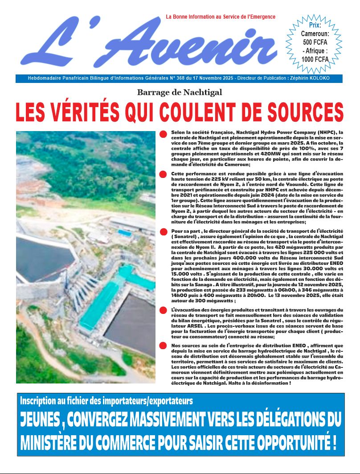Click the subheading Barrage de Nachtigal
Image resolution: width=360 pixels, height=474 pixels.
[x=180, y=93]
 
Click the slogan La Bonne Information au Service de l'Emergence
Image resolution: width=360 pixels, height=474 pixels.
[x=221, y=17]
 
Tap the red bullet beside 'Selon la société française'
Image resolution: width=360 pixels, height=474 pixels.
[x=164, y=134]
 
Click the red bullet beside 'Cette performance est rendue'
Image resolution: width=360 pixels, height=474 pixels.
[x=164, y=174]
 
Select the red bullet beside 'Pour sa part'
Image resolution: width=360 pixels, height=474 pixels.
[x=164, y=232]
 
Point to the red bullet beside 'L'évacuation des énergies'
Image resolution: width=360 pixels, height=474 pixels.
[x=164, y=311]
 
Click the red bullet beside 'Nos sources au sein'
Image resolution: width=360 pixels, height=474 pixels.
[x=164, y=346]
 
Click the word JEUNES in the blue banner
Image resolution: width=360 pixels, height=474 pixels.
[x=42, y=420]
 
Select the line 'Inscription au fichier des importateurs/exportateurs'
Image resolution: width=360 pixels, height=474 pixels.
[x=106, y=400]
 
